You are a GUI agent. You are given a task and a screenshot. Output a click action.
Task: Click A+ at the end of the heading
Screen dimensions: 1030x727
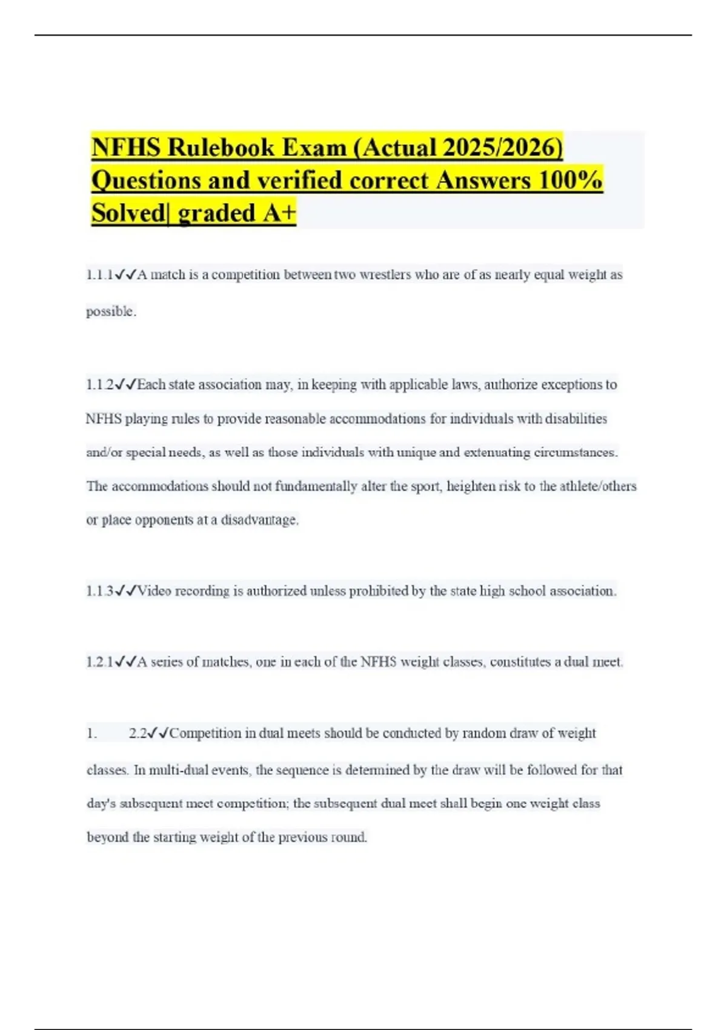279,213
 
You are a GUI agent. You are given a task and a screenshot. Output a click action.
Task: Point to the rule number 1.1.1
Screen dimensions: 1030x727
99,275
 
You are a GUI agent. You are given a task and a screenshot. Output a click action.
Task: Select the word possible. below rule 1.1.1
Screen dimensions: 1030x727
111,311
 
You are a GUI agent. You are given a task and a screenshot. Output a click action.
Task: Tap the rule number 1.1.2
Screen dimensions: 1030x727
99,385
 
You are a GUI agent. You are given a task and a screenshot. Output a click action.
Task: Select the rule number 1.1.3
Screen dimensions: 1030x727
99,591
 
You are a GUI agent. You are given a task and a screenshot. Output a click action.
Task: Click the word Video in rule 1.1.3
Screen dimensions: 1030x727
154,591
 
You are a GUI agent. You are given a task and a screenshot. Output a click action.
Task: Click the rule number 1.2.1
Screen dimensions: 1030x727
99,662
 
